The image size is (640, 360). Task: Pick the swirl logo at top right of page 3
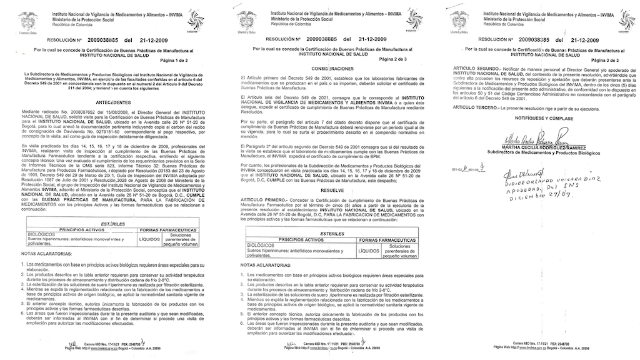[x=622, y=17]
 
